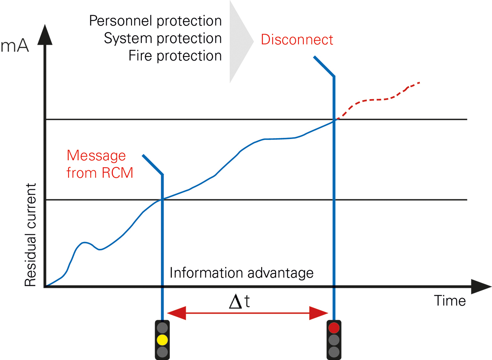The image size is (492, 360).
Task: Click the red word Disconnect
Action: point(297,40)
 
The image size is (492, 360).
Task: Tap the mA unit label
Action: point(15,46)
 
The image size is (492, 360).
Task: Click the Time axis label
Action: point(450,301)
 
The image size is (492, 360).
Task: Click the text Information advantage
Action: point(241,273)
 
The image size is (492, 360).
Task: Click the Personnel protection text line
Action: point(155,21)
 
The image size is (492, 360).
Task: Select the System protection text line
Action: point(163,38)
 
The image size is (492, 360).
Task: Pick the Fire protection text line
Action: point(175,56)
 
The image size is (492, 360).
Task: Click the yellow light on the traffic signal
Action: point(163,339)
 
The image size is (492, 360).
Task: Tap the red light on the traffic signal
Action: point(334,328)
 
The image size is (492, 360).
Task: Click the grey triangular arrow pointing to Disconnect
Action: point(240,41)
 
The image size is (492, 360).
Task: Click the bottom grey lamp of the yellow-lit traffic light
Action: point(163,351)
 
